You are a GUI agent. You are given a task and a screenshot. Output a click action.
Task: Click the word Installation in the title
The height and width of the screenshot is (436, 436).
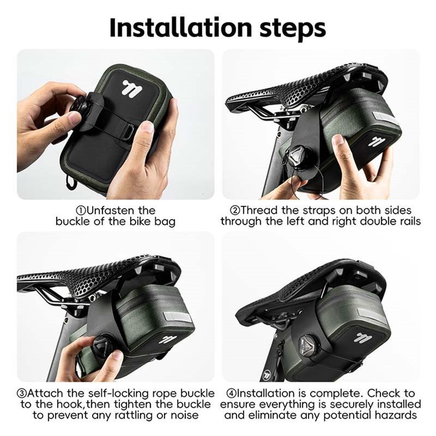click(x=180, y=28)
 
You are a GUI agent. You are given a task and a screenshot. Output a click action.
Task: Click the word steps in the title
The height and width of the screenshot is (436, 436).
click(x=293, y=29)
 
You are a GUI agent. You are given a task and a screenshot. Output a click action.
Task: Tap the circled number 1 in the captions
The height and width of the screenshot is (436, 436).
click(x=81, y=210)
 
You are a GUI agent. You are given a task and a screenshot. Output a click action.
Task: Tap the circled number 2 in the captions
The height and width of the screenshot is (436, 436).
click(x=235, y=210)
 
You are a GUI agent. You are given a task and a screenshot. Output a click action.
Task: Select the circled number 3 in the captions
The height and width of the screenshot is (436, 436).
click(x=21, y=393)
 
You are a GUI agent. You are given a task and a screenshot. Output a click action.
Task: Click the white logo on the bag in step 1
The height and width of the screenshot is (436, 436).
click(x=132, y=88)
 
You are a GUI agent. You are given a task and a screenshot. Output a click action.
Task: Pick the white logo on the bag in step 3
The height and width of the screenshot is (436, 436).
click(x=168, y=339)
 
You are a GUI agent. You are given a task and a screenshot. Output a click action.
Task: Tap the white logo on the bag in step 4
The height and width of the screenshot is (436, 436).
click(x=364, y=337)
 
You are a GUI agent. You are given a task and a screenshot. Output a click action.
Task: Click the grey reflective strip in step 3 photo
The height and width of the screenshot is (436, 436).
click(x=177, y=317)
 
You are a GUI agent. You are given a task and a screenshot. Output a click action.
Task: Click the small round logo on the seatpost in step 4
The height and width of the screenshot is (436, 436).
click(x=267, y=374)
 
